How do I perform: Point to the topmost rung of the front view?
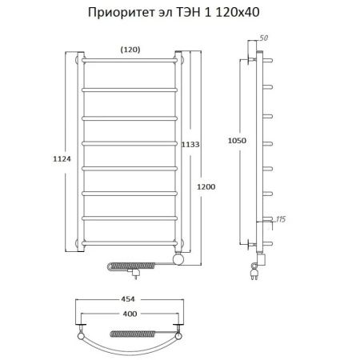(130, 61)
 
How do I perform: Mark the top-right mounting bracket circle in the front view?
(181, 59)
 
